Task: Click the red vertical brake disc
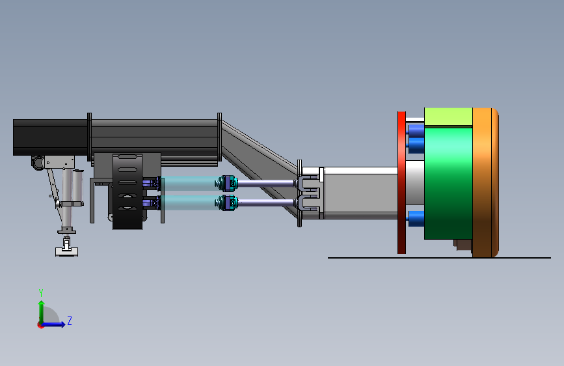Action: click(401, 182)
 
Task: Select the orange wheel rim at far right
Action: click(485, 182)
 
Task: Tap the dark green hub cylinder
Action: click(448, 184)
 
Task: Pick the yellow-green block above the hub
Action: click(448, 117)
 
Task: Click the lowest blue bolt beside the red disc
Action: click(416, 219)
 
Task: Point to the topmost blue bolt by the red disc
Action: click(416, 130)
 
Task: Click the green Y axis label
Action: click(41, 293)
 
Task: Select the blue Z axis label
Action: click(70, 320)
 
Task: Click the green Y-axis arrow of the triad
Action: click(42, 313)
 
